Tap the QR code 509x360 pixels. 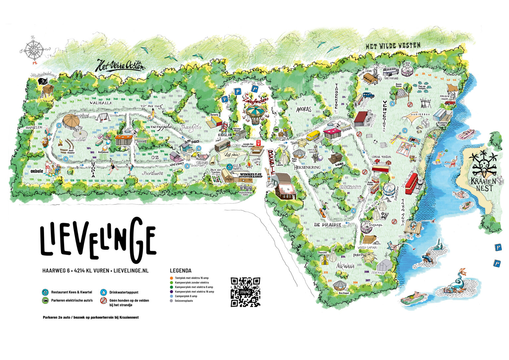coord(245,292)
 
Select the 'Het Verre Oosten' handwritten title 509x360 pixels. coord(120,66)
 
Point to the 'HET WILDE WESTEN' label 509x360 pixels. coord(393,46)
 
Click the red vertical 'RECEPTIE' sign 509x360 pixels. coord(271,162)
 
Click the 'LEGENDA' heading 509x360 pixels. coord(181,270)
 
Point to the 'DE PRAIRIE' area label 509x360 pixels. coord(327,225)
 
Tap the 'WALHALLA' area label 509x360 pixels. coord(101,103)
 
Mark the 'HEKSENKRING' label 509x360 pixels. coord(307,168)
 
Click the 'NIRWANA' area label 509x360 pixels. coord(345,266)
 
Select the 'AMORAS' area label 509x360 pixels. coord(304,109)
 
